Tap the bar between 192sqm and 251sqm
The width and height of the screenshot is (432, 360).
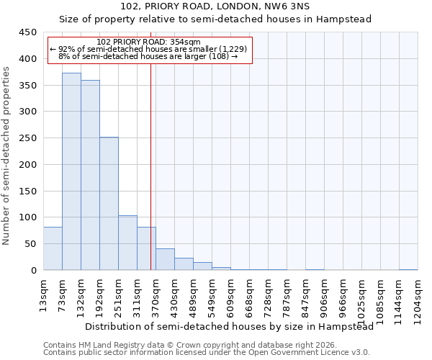pos(109,204)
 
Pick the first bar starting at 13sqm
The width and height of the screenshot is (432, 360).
pos(53,248)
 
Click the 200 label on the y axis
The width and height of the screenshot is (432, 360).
pos(29,165)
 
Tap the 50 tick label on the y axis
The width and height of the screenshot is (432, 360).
pos(31,244)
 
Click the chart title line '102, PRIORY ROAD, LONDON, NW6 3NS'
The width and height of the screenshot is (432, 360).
pos(215,6)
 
